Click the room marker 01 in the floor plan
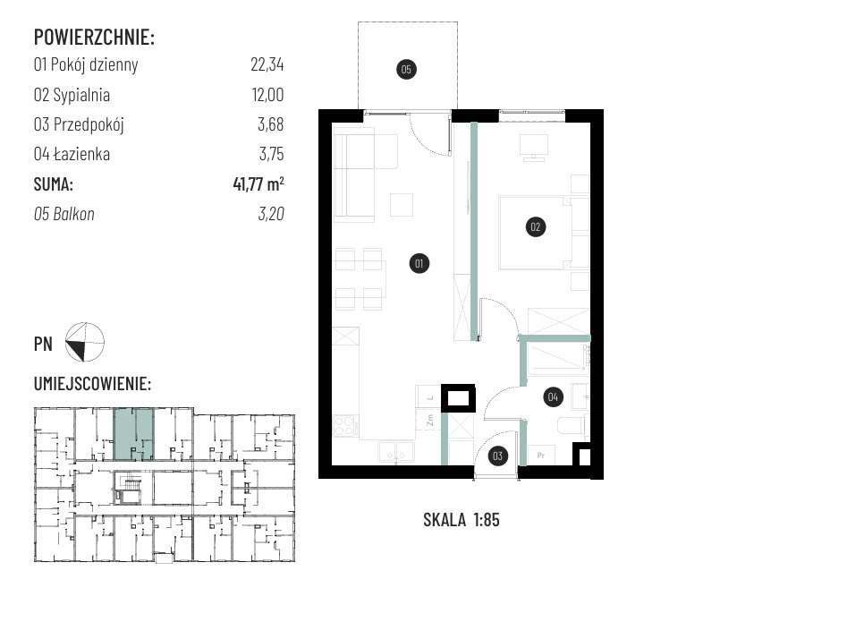point(419,264)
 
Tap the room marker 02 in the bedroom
point(536,227)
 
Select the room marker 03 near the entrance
point(497,456)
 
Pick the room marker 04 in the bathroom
point(553,396)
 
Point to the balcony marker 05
point(406,69)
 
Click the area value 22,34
point(267,64)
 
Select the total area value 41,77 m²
point(258,183)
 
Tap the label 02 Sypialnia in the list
point(72,95)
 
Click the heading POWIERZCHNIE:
point(94,37)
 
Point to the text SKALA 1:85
point(462,520)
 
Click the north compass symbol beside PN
point(84,342)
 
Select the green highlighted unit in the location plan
point(133,434)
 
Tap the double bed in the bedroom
point(544,233)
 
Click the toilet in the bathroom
point(572,426)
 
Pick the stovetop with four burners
point(345,425)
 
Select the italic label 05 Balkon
point(64,214)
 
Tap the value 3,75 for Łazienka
point(271,155)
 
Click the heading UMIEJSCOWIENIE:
point(92,384)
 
